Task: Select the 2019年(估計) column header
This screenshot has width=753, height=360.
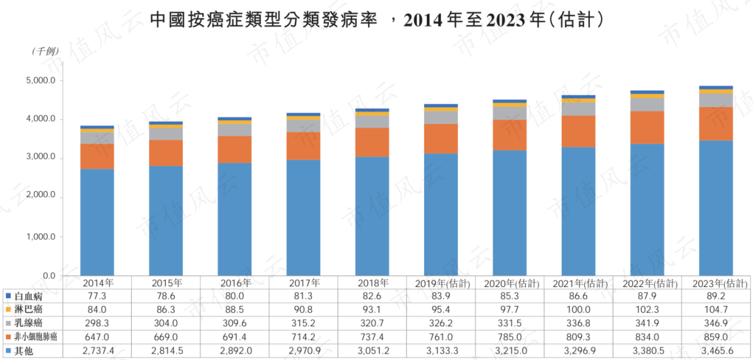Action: click(x=441, y=282)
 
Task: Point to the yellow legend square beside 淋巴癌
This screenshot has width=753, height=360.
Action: click(x=7, y=308)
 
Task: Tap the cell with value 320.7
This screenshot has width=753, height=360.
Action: click(x=373, y=322)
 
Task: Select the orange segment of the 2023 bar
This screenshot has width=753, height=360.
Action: click(x=716, y=124)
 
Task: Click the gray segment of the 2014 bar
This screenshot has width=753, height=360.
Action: click(x=97, y=138)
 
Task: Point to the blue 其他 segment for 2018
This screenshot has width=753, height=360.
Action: click(x=372, y=217)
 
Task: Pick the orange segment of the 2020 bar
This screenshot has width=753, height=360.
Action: click(x=510, y=136)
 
